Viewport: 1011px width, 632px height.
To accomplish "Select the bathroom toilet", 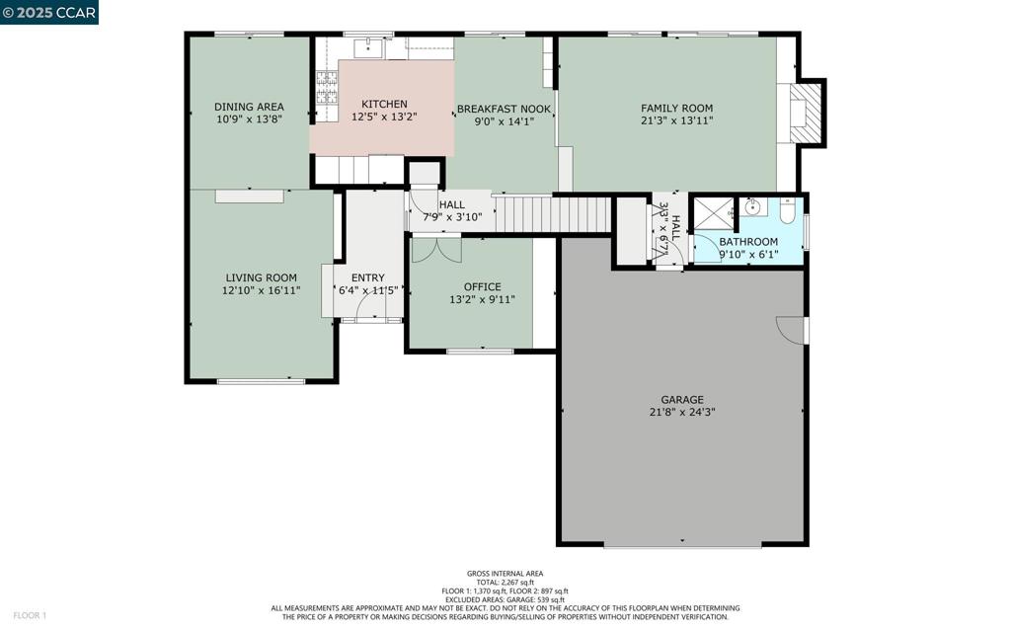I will [787, 210].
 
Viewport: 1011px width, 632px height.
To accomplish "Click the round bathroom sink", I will [752, 207].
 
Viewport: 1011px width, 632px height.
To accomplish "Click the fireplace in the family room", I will [805, 114].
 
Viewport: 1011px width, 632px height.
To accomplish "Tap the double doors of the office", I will [435, 249].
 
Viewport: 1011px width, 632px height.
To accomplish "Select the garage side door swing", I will [791, 330].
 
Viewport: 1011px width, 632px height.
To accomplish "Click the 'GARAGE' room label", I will [681, 400].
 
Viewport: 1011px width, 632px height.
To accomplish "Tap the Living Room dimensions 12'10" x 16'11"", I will [262, 290].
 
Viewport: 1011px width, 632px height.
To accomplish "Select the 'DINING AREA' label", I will [249, 107].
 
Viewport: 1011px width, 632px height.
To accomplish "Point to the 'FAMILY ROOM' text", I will [676, 109].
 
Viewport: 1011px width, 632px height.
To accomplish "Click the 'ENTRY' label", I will [367, 278].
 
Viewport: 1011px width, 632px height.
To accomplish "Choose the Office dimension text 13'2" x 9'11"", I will [482, 300].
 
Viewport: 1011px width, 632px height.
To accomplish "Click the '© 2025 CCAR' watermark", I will [49, 12].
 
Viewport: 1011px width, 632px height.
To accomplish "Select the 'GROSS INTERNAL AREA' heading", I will [505, 574].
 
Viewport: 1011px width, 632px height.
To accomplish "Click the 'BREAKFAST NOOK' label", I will [504, 109].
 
